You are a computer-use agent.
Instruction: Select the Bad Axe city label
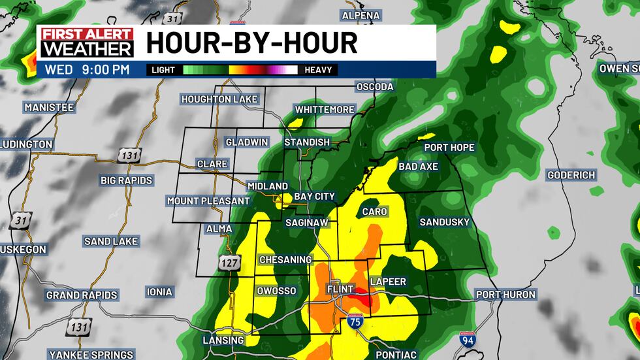pyautogui.click(x=418, y=167)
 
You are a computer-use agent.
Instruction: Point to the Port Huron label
pyautogui.click(x=505, y=295)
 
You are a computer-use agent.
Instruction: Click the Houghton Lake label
pyautogui.click(x=219, y=99)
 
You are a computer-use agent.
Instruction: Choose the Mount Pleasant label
pyautogui.click(x=208, y=201)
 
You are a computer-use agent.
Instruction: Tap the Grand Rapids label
pyautogui.click(x=82, y=295)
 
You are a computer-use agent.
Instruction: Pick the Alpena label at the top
pyautogui.click(x=361, y=15)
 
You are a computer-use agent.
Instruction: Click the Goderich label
pyautogui.click(x=571, y=175)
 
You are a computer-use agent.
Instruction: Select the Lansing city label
pyautogui.click(x=223, y=340)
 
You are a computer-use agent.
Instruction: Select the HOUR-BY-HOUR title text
pyautogui.click(x=251, y=43)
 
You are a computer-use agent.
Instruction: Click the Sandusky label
pyautogui.click(x=444, y=222)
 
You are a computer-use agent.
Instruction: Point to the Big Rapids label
pyautogui.click(x=126, y=180)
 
